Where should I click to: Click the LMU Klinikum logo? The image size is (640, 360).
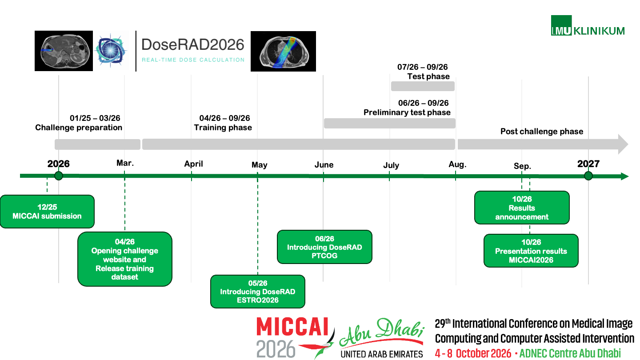coord(588,26)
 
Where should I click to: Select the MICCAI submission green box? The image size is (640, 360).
coord(47,212)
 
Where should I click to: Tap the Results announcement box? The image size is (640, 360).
coord(522,208)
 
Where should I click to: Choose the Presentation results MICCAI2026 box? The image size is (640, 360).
coord(531,251)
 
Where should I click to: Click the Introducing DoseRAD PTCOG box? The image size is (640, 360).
coord(324,247)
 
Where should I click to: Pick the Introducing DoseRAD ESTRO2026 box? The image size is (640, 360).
coord(258,292)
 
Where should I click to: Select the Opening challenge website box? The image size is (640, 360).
coord(125,259)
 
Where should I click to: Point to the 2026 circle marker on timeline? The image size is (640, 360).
coord(59,176)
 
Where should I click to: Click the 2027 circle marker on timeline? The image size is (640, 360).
coord(588,176)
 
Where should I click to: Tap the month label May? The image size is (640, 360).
coord(260,165)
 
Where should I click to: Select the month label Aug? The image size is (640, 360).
coord(457,164)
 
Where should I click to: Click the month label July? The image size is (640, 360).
coord(391,165)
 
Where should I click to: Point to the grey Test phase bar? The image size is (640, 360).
coord(423,86)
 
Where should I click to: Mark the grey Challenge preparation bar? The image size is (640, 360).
coord(97,144)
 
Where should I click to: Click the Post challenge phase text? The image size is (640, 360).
coord(542,132)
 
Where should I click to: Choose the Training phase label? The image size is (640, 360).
coord(223,128)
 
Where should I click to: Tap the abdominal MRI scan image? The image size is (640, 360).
coord(64,51)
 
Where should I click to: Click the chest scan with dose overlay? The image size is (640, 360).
coord(283,51)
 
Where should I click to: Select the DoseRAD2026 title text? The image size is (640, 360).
coord(192,45)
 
